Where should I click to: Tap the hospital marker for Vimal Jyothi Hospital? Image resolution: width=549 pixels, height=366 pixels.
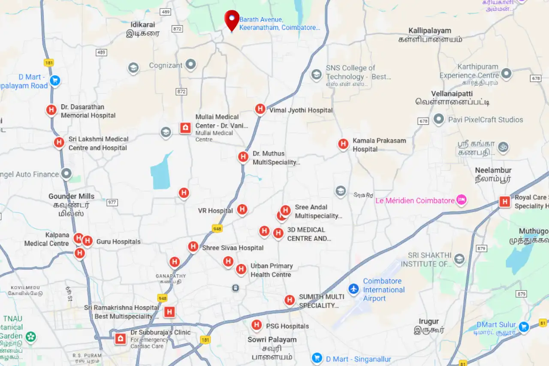[260, 109]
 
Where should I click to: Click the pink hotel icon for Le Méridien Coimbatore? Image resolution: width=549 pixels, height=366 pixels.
[462, 200]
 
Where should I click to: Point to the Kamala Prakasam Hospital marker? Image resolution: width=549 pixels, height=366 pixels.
[343, 144]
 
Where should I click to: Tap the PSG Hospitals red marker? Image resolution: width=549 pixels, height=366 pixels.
[256, 325]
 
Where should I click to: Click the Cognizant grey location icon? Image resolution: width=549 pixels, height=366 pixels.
[190, 65]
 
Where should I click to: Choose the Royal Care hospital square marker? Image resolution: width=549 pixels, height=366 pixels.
[505, 201]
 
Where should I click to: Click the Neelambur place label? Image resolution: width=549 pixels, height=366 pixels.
[493, 171]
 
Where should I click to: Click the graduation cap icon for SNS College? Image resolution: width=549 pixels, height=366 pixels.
[317, 75]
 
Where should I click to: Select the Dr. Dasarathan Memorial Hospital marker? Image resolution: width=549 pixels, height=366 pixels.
[51, 110]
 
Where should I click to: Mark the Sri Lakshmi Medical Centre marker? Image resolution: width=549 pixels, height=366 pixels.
[59, 142]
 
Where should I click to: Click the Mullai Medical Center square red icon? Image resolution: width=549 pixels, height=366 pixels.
[185, 128]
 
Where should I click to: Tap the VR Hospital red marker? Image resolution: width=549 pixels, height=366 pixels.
[242, 210]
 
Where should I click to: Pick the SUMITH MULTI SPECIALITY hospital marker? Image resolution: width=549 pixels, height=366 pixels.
[290, 300]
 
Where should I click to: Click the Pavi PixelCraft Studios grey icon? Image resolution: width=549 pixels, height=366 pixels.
[438, 119]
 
